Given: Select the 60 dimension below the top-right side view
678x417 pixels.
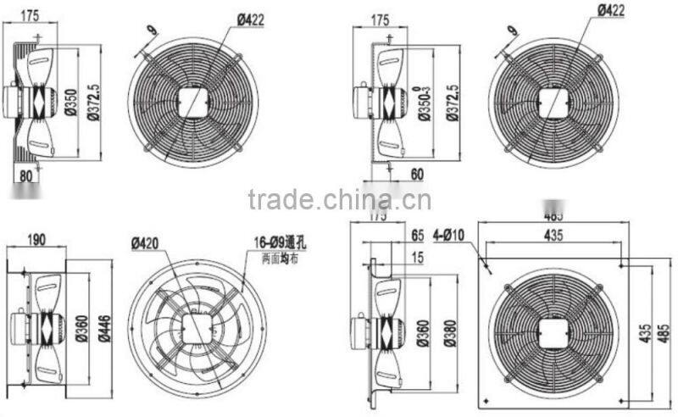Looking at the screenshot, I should click(x=416, y=174).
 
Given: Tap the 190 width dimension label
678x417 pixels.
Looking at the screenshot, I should click(x=36, y=241).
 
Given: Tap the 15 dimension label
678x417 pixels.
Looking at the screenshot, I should click(x=416, y=256).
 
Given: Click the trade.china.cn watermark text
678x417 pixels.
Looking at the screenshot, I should click(x=339, y=200).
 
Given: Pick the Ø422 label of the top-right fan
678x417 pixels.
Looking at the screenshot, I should click(x=612, y=10).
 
